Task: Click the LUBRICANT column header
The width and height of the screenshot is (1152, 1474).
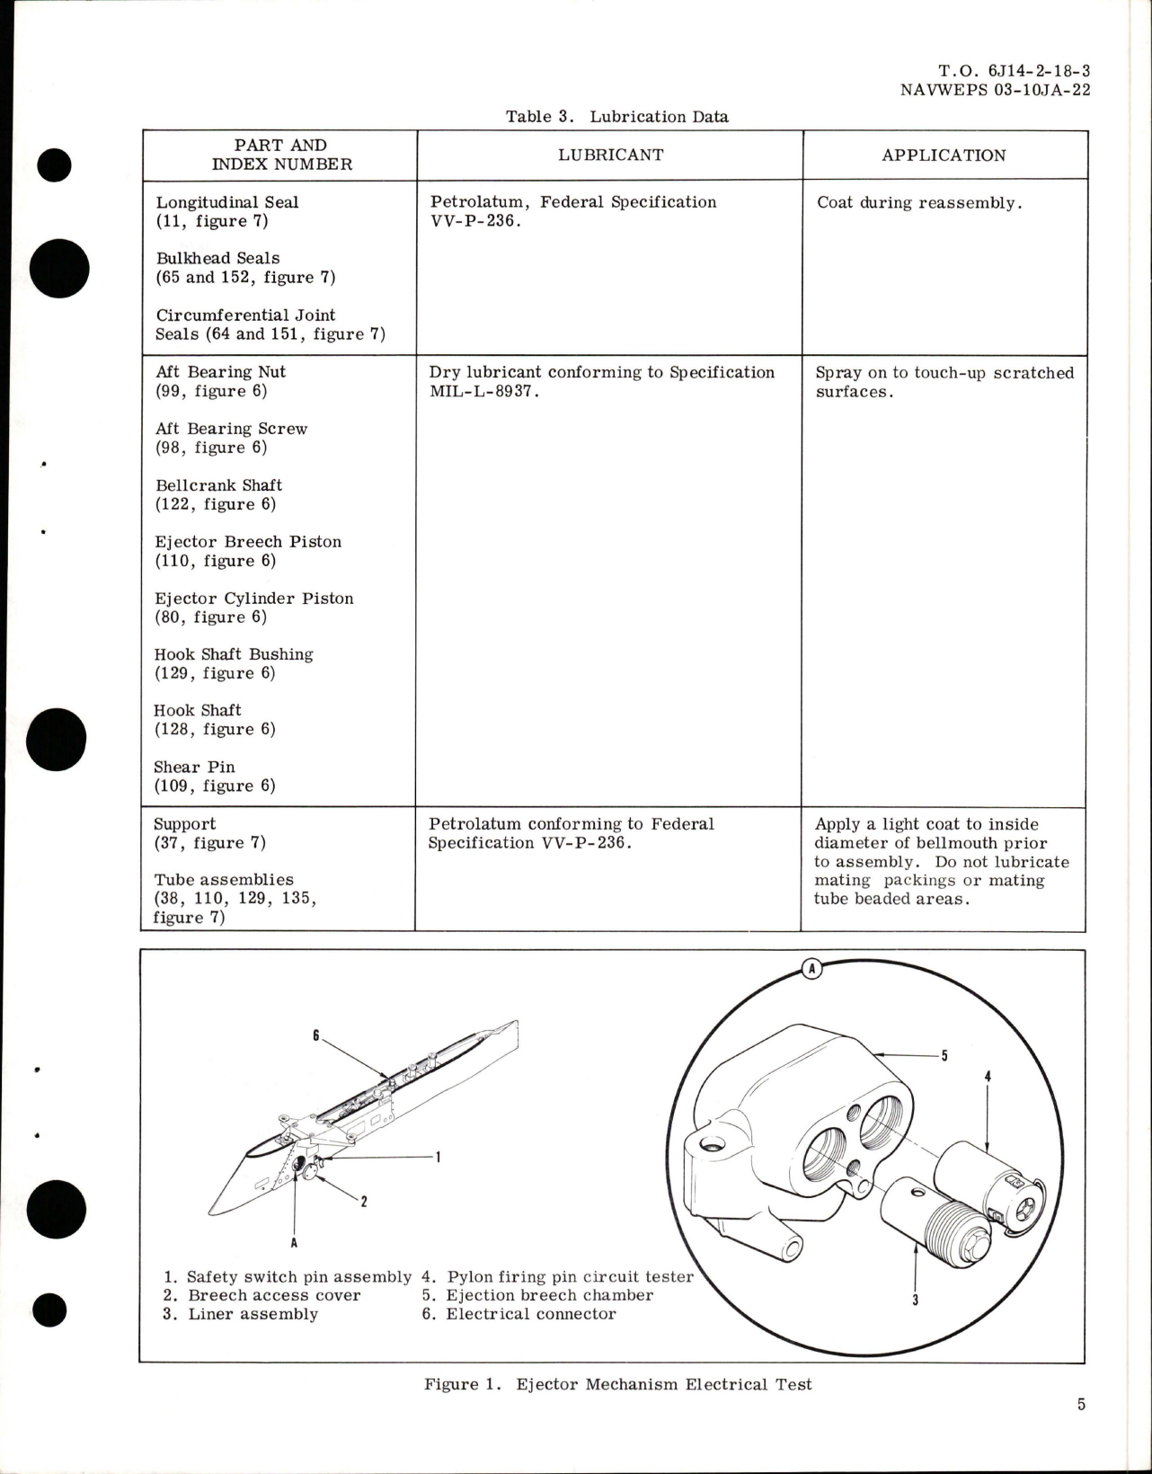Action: pyautogui.click(x=610, y=155)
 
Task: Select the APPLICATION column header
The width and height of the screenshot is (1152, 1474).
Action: pyautogui.click(x=943, y=155)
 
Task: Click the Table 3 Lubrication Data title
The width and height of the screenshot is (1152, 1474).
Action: pyautogui.click(x=616, y=116)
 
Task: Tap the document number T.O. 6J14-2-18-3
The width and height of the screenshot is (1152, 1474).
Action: pyautogui.click(x=1015, y=71)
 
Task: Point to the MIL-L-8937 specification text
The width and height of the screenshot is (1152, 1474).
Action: pyautogui.click(x=484, y=392)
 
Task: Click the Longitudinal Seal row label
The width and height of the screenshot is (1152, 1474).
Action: pyautogui.click(x=226, y=203)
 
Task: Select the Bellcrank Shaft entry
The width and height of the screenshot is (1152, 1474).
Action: pyautogui.click(x=218, y=485)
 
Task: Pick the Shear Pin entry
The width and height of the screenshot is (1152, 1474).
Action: pyautogui.click(x=194, y=767)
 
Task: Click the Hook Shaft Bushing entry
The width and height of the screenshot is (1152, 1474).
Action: pyautogui.click(x=234, y=654)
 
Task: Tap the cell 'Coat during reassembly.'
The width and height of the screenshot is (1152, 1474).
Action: pyautogui.click(x=918, y=203)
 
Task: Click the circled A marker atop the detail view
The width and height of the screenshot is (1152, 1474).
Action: pyautogui.click(x=811, y=969)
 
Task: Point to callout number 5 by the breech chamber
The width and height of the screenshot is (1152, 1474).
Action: pyautogui.click(x=944, y=1056)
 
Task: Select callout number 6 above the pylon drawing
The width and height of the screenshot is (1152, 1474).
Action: pyautogui.click(x=316, y=1035)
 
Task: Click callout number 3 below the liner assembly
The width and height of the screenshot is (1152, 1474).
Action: pyautogui.click(x=915, y=1299)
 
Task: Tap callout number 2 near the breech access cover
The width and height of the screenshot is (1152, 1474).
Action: pyautogui.click(x=363, y=1201)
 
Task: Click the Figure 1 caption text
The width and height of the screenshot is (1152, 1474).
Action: pyautogui.click(x=617, y=1384)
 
